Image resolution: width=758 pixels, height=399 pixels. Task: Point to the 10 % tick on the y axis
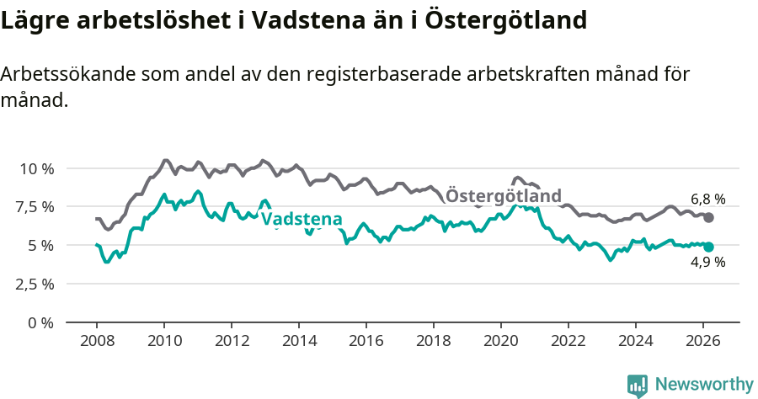pyautogui.click(x=36, y=168)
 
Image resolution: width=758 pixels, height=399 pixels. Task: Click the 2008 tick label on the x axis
pyautogui.click(x=97, y=340)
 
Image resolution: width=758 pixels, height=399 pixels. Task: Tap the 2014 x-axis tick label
pyautogui.click(x=299, y=340)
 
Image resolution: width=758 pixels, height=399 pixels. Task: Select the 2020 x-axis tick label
pyautogui.click(x=501, y=340)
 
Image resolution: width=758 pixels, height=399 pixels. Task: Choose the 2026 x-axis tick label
pyautogui.click(x=703, y=340)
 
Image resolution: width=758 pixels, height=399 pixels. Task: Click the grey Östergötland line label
pyautogui.click(x=503, y=196)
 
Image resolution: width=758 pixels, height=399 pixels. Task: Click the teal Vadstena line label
pyautogui.click(x=302, y=221)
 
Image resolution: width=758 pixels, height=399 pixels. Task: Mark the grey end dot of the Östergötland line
pyautogui.click(x=708, y=217)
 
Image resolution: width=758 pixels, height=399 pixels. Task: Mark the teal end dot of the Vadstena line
pyautogui.click(x=708, y=247)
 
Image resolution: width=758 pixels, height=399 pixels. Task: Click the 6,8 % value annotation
pyautogui.click(x=707, y=199)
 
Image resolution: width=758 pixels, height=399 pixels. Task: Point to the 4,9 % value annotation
pyautogui.click(x=707, y=263)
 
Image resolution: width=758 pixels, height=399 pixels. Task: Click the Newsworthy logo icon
pyautogui.click(x=637, y=385)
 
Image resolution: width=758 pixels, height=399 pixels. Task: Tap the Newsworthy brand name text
pyautogui.click(x=703, y=385)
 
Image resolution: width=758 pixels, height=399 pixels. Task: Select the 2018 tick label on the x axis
pyautogui.click(x=434, y=340)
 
